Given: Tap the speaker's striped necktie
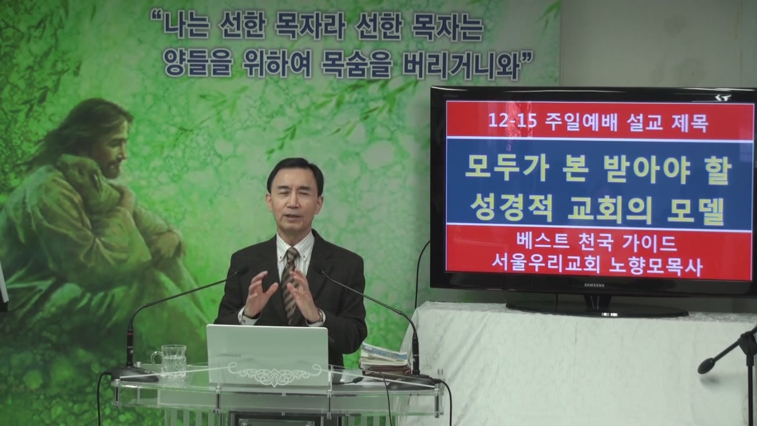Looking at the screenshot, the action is click(x=290, y=284).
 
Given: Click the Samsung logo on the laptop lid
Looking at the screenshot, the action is click(x=229, y=356).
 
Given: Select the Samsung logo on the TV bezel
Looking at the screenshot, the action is click(x=594, y=285).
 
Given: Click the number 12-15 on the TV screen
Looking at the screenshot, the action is click(x=512, y=121).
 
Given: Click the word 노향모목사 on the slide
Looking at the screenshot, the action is click(x=656, y=266).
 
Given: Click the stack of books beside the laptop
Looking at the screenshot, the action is click(x=384, y=361).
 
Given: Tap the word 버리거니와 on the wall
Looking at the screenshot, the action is click(x=461, y=65).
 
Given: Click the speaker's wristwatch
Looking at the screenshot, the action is click(x=319, y=317).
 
